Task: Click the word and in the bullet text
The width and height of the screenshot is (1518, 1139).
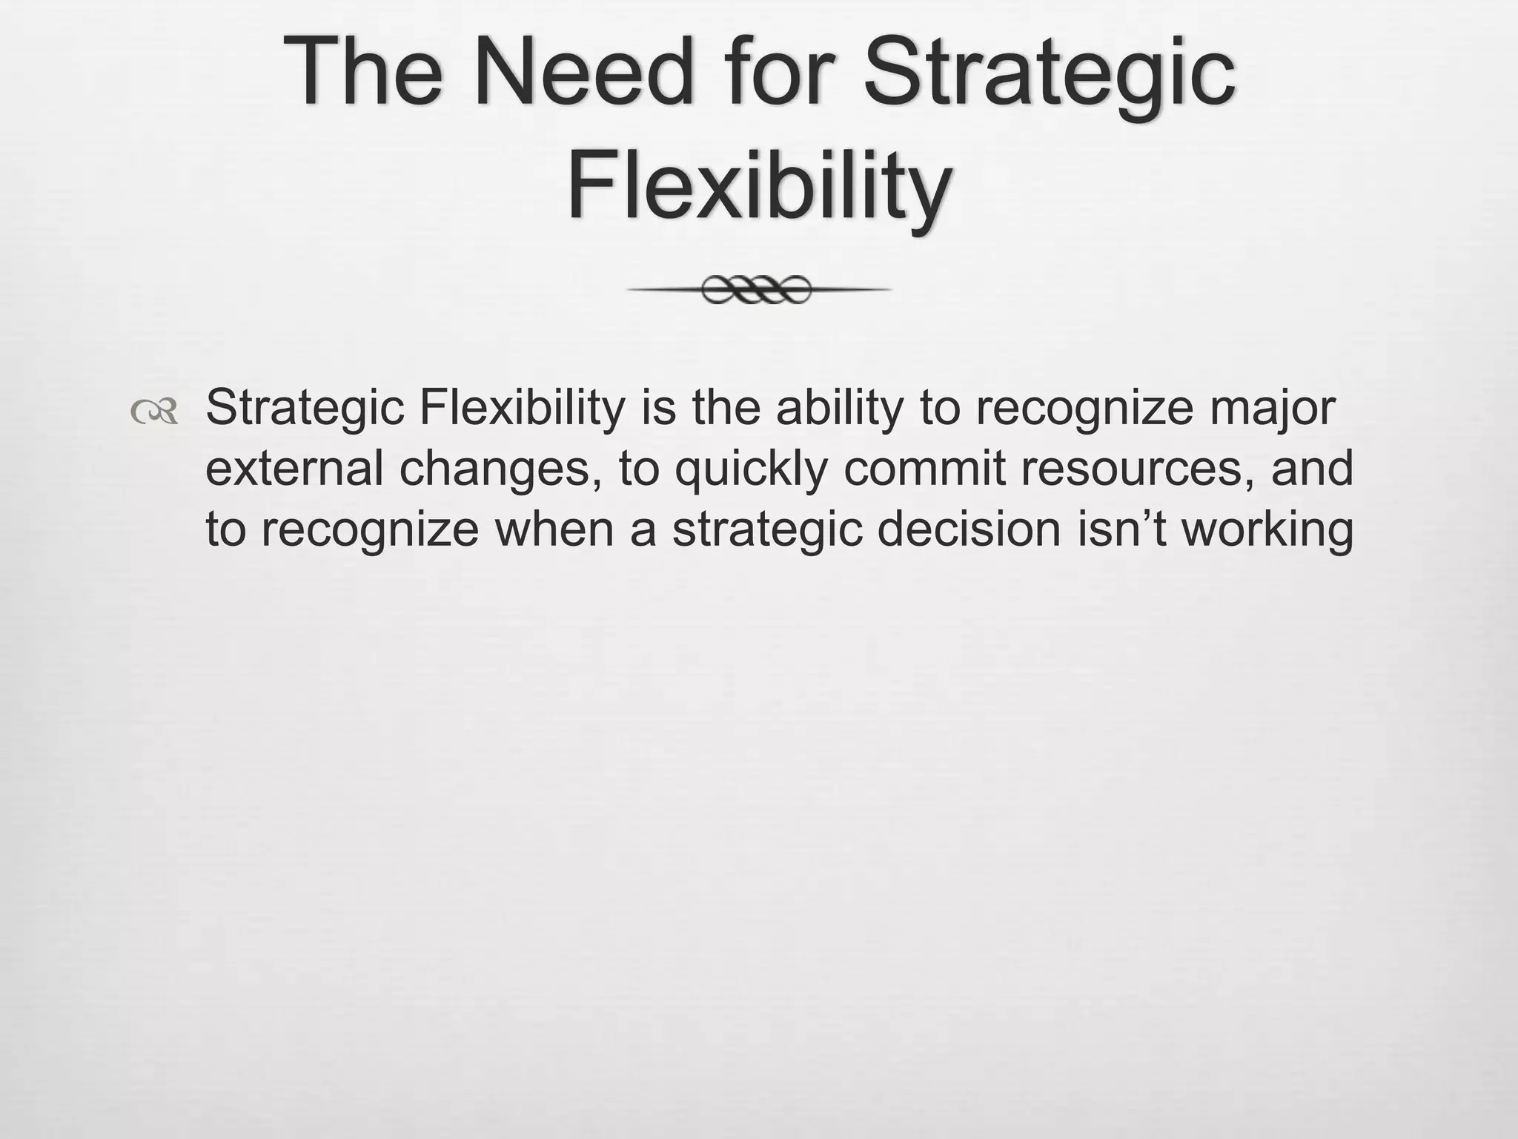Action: pyautogui.click(x=1313, y=469)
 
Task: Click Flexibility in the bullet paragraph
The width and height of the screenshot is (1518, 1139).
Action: pyautogui.click(x=523, y=409)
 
